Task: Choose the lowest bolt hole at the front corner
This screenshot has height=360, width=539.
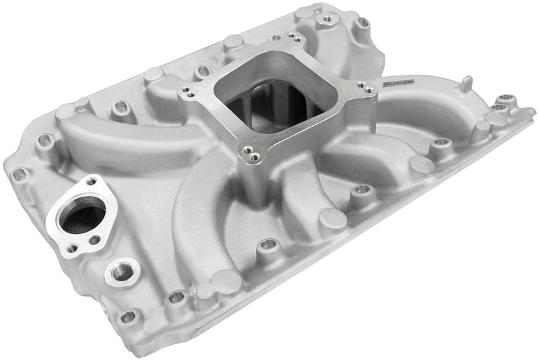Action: click(x=126, y=315)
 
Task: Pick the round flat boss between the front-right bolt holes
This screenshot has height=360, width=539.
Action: click(x=421, y=165)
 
